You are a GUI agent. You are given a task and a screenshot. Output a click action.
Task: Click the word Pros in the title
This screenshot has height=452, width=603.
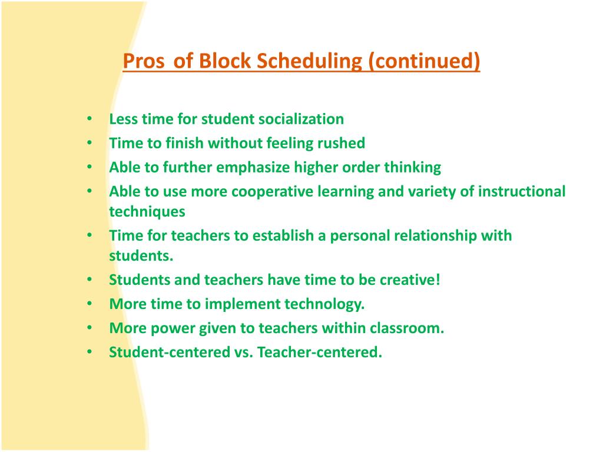[144, 61]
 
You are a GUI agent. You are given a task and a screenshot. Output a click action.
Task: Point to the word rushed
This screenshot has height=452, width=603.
[342, 143]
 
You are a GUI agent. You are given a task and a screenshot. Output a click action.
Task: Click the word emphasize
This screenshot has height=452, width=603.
[251, 167]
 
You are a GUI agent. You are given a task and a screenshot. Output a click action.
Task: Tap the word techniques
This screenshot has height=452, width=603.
[147, 211]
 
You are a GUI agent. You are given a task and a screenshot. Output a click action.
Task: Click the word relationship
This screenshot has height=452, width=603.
[428, 235]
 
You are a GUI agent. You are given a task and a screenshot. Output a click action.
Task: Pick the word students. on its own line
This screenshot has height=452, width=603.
[141, 255]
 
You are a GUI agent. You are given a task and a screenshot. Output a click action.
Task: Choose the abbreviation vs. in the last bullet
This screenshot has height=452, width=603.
[243, 352]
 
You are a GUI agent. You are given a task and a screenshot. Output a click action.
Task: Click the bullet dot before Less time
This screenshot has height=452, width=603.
[90, 119]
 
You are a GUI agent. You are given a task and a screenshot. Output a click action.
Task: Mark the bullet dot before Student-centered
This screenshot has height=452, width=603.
[90, 352]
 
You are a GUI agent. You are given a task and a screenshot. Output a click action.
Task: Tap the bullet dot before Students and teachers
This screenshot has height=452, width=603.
[90, 280]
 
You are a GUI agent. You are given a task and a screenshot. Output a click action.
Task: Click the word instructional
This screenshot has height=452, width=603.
[522, 191]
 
